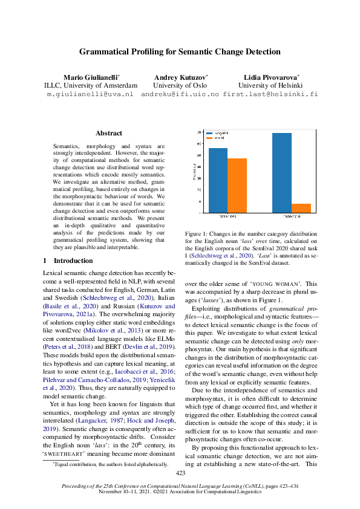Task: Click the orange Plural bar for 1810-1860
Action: (237, 185)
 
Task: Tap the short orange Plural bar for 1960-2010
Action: (301, 208)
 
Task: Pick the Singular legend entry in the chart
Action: (218, 132)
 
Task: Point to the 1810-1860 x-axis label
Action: (227, 216)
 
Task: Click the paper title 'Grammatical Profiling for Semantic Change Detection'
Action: (180, 52)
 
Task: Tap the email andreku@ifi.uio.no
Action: (180, 95)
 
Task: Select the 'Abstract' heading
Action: (109, 133)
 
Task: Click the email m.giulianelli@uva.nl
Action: (90, 95)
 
